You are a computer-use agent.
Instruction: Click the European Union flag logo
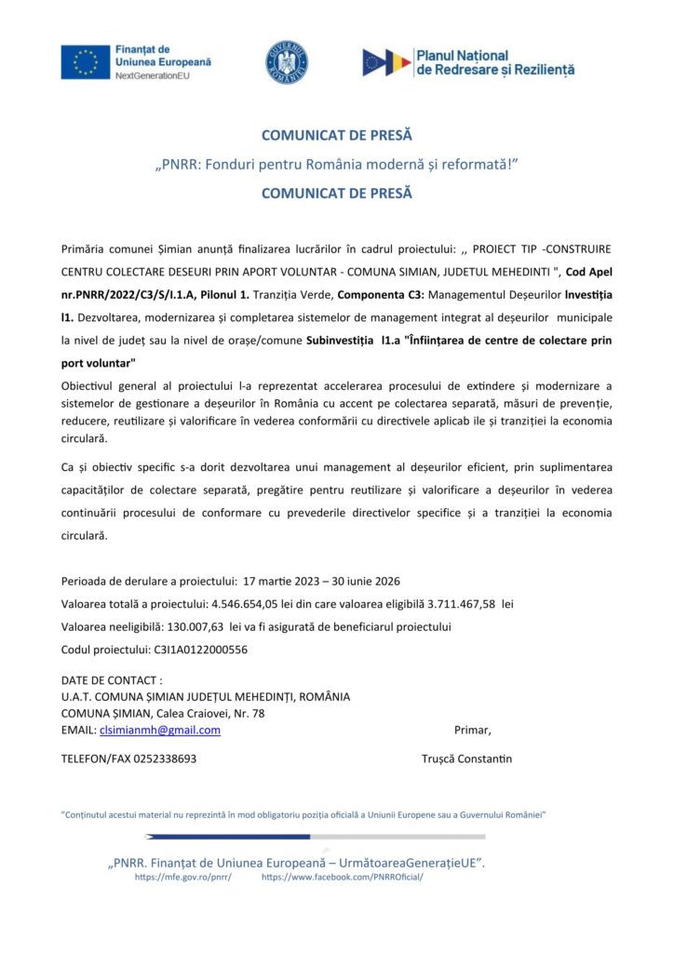(86, 61)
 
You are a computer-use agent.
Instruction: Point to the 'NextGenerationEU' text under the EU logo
(152, 74)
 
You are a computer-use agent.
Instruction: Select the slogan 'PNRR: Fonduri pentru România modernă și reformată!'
(336, 165)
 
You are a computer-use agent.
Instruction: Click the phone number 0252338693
(166, 758)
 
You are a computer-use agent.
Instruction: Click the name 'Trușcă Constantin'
(466, 758)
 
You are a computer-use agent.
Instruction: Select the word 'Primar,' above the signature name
(472, 730)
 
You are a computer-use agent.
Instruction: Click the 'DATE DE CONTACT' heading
(111, 680)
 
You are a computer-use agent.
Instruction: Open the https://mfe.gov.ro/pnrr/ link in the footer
(182, 877)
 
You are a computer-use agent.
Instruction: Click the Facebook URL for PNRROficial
(342, 877)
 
